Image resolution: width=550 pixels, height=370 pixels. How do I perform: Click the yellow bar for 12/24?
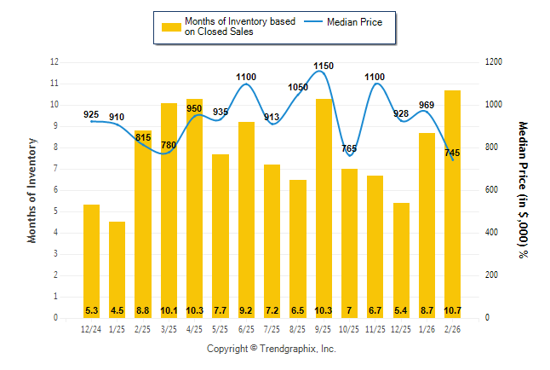(x=92, y=256)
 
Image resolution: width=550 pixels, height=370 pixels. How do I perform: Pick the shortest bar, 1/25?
(x=117, y=264)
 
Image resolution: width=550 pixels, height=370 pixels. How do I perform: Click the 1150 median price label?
(x=324, y=66)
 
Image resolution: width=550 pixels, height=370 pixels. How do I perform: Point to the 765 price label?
(x=349, y=149)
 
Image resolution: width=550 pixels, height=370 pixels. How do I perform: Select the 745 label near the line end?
(x=453, y=153)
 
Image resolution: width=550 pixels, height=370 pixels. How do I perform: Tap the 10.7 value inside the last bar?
(x=452, y=309)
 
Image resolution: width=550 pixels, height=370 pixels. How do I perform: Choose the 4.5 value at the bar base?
(x=117, y=309)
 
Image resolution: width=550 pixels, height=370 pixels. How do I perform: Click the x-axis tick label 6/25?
(x=246, y=328)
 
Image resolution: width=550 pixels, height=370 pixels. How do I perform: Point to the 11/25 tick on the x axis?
(x=375, y=328)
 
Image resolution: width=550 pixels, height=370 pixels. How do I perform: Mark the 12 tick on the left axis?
(x=54, y=62)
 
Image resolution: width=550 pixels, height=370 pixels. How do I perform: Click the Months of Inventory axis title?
(x=32, y=190)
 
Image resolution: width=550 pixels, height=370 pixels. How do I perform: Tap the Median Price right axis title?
(x=523, y=189)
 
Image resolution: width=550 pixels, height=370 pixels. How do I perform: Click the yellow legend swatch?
(x=171, y=26)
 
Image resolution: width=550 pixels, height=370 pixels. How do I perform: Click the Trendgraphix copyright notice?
(x=272, y=349)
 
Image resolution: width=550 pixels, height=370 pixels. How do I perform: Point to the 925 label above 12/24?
(x=92, y=114)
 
